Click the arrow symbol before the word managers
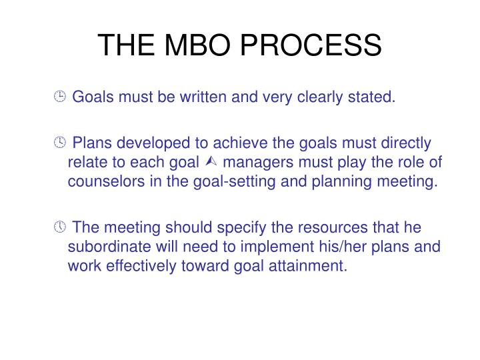(x=212, y=163)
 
